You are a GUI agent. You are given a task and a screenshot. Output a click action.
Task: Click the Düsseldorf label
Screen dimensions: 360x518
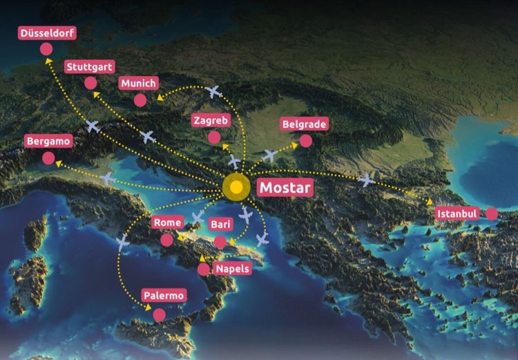coord(48,33)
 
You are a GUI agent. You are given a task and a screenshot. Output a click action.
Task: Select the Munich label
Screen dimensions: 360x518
coord(139,84)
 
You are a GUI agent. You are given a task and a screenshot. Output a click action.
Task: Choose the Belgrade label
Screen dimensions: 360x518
coord(304,125)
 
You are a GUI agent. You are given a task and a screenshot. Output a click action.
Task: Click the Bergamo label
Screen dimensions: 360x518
coord(48,141)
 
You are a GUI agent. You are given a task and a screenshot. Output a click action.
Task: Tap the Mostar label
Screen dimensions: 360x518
coord(285,187)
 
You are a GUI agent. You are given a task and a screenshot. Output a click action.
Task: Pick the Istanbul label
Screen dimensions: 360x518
coord(458,214)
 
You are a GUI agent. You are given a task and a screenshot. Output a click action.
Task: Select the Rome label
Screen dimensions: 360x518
coord(168,222)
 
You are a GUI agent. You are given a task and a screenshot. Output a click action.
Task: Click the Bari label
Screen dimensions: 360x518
coord(220,225)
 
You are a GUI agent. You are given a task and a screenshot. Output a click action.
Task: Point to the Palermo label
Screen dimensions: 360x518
coord(164,296)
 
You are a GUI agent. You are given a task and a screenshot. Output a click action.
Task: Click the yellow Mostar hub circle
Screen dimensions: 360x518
coord(237,187)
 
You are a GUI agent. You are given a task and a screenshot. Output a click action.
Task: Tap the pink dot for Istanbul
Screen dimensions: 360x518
coord(492,214)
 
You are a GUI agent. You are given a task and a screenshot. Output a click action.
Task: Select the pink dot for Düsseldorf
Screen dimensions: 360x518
coord(46,49)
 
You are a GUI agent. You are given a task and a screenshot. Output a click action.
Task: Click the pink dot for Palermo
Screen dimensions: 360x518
coord(160,315)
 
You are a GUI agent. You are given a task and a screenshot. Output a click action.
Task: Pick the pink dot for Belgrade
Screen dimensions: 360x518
coord(305,141)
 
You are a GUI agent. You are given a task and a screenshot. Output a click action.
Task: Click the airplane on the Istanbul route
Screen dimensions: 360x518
coord(367,180)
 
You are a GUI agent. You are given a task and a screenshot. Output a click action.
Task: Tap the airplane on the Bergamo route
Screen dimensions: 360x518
coord(108,178)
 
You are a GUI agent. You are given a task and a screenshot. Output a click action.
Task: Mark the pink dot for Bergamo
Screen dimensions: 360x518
coord(48,158)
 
